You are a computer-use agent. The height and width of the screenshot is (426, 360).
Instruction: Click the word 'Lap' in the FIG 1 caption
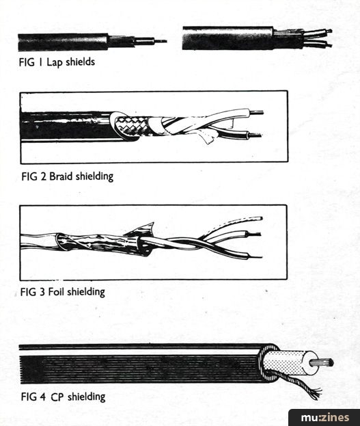pos(54,62)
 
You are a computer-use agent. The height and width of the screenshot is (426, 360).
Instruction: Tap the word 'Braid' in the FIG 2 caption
pos(61,176)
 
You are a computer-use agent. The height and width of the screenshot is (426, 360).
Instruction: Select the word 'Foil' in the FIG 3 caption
pos(57,291)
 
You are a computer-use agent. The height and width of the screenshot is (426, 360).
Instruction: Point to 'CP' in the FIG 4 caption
pos(57,397)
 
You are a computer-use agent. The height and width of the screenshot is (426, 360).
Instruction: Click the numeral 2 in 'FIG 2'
pos(43,176)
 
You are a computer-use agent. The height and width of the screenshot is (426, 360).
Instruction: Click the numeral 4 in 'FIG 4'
pos(42,397)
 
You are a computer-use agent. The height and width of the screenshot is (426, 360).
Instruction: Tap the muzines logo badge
pos(324,417)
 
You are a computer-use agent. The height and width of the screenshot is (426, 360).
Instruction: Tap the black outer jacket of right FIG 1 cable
pos(227,38)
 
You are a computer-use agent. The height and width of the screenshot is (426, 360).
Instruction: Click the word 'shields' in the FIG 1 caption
pos(80,62)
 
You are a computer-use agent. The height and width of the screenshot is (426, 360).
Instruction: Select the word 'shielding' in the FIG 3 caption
pos(86,292)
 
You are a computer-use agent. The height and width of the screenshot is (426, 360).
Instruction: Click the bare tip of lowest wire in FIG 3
pos(255,256)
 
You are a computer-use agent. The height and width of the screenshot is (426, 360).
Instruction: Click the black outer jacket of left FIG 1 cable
pos(63,42)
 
